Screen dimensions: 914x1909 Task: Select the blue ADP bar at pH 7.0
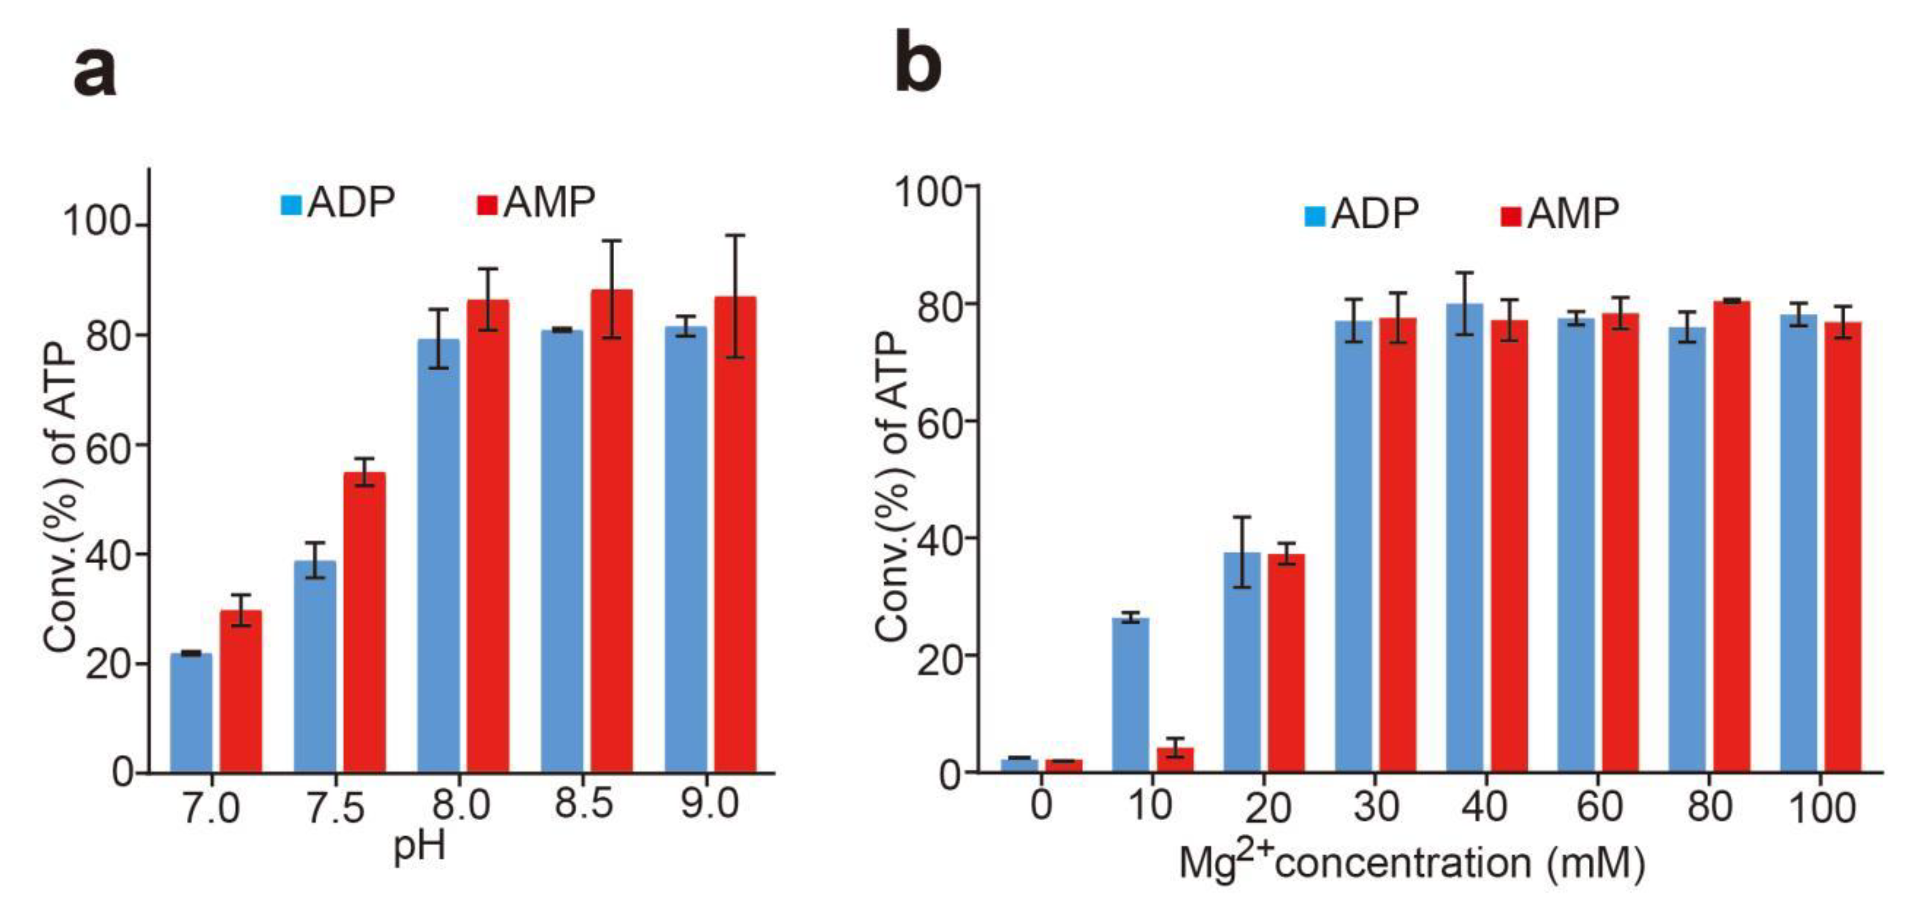(x=191, y=713)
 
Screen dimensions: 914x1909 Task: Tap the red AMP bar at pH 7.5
(x=364, y=623)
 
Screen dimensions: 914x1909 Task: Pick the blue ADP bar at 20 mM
(x=1241, y=662)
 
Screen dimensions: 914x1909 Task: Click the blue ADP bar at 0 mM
(x=1019, y=765)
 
